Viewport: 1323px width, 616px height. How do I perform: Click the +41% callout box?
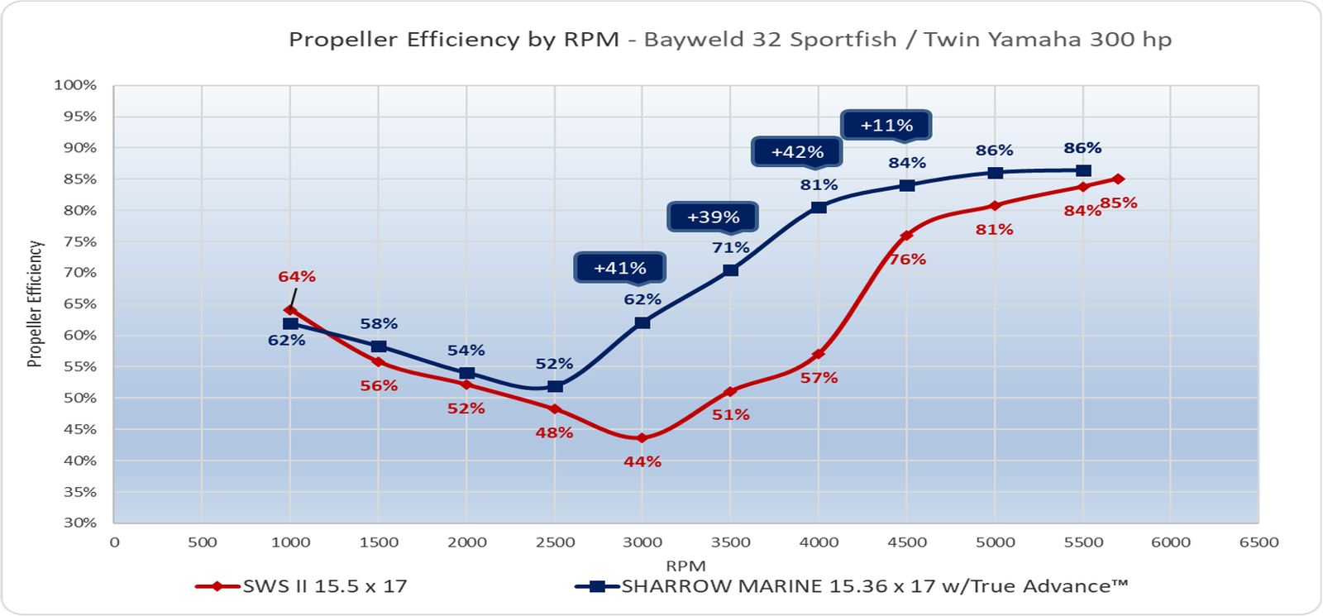(x=620, y=268)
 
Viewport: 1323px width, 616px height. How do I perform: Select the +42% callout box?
(x=797, y=152)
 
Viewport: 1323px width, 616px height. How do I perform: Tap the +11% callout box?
(x=886, y=126)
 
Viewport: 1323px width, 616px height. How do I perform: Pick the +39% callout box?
(x=713, y=217)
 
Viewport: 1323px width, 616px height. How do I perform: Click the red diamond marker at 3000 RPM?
(x=642, y=438)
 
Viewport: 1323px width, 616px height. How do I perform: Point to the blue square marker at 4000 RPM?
(x=819, y=208)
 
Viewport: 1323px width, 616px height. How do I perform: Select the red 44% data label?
(x=642, y=462)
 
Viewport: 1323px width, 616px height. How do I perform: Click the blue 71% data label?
(x=731, y=248)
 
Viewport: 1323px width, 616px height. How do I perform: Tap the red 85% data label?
(x=1119, y=203)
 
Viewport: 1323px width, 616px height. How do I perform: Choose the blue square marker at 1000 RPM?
(x=290, y=324)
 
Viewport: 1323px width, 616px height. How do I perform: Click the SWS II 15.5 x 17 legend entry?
(x=302, y=587)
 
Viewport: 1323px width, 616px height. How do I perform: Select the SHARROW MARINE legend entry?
(x=852, y=587)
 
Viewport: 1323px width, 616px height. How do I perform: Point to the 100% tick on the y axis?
(x=75, y=85)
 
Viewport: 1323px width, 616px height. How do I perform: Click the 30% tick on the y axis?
(x=75, y=523)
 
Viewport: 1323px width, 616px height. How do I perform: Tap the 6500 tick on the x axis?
(x=1259, y=542)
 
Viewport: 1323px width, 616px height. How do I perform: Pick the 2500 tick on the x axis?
(x=555, y=542)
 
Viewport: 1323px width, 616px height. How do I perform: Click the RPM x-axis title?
(x=685, y=566)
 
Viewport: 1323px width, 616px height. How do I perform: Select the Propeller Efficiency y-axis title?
(x=35, y=303)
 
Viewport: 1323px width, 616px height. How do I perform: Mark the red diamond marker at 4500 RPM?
(x=907, y=236)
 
